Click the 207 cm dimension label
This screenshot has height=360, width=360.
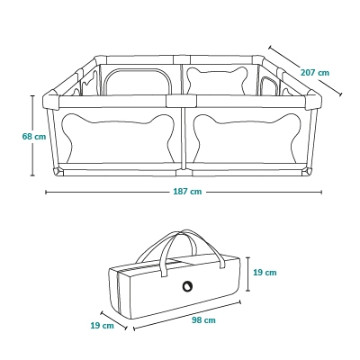tap(315, 73)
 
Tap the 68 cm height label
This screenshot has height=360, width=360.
tap(34, 137)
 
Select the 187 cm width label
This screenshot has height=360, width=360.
tap(187, 192)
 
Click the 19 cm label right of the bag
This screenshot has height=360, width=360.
tap(265, 273)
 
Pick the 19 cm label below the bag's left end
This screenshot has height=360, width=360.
tap(103, 325)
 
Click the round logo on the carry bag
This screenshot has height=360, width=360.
tap(187, 286)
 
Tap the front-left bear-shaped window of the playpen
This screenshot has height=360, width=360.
tap(118, 138)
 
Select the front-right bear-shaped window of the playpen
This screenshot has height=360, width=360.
tap(247, 138)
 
